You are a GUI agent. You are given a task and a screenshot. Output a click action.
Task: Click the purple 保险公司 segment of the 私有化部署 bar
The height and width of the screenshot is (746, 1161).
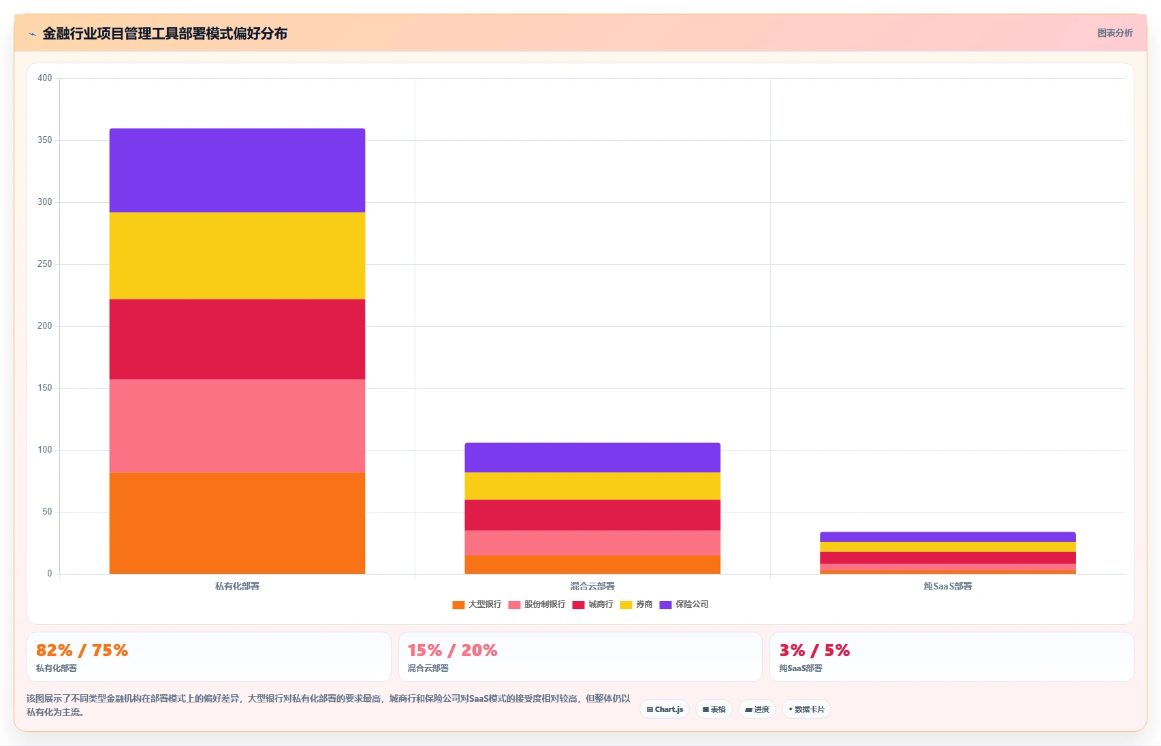click(x=237, y=170)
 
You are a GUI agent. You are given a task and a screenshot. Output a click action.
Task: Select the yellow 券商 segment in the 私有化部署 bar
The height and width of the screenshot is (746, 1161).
click(x=237, y=256)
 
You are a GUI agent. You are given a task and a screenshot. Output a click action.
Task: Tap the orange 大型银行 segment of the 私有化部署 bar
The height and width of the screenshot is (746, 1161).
click(x=237, y=523)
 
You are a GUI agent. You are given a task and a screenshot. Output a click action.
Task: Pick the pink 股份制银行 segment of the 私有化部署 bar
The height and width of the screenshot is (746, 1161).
click(x=237, y=426)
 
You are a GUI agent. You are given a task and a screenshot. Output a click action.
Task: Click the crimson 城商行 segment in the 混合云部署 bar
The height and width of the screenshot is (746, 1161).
click(x=592, y=515)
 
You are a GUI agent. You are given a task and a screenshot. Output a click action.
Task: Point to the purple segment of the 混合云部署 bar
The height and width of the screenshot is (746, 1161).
click(x=592, y=457)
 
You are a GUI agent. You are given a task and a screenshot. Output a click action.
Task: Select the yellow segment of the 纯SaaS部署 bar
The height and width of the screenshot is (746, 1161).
click(x=947, y=547)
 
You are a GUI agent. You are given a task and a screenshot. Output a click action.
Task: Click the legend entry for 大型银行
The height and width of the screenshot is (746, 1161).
click(x=477, y=604)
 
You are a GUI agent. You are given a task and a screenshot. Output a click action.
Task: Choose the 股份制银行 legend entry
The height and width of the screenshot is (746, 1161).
click(x=537, y=604)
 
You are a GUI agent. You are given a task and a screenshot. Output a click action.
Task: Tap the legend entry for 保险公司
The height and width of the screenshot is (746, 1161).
click(x=684, y=604)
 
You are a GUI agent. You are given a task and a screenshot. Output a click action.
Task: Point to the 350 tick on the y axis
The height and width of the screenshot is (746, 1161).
click(x=44, y=140)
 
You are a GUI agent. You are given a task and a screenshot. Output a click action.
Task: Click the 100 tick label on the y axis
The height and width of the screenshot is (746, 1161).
click(x=44, y=450)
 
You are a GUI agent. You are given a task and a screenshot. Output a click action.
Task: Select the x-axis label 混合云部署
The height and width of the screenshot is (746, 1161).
click(x=592, y=586)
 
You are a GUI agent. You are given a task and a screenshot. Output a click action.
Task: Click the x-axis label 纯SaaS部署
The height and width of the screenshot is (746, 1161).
click(x=947, y=586)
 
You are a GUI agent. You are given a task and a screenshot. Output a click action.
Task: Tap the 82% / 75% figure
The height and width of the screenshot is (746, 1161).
click(x=82, y=650)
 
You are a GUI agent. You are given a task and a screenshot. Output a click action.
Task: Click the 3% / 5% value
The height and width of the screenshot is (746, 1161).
click(x=815, y=650)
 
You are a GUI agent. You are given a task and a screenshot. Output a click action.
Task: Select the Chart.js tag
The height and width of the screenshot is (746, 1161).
click(x=665, y=709)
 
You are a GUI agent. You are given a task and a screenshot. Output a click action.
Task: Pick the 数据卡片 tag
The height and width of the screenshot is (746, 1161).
click(x=806, y=709)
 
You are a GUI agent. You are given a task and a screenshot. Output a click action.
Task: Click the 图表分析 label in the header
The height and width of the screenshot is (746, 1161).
click(x=1115, y=33)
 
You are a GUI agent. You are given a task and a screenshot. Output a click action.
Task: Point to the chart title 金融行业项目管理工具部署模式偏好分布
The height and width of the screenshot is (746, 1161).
click(x=165, y=33)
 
